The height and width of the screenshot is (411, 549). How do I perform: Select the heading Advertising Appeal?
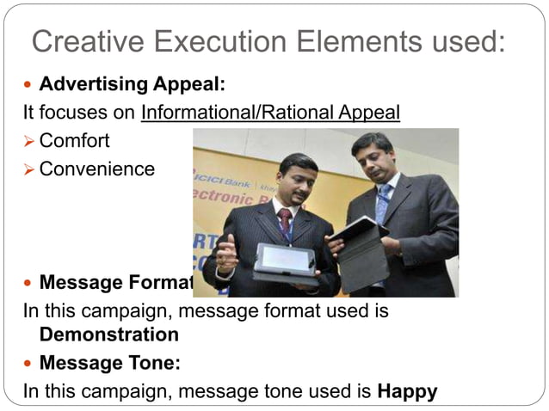[132, 85]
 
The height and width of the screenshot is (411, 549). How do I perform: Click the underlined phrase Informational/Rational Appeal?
[270, 113]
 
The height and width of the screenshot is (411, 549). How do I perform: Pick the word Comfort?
[74, 140]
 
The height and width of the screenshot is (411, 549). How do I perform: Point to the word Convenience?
[96, 169]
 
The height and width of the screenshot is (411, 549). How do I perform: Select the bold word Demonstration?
[108, 334]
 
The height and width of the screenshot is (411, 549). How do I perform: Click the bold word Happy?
[407, 391]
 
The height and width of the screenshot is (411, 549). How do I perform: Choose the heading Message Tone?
[109, 363]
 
